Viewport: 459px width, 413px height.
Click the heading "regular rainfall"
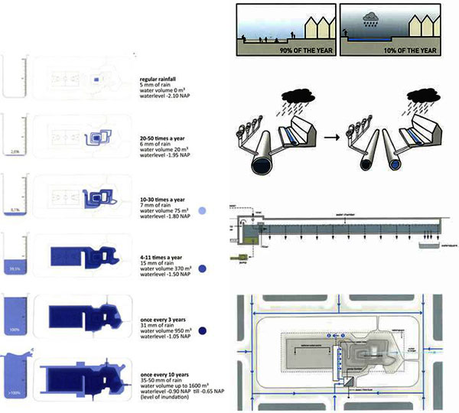[163, 78]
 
